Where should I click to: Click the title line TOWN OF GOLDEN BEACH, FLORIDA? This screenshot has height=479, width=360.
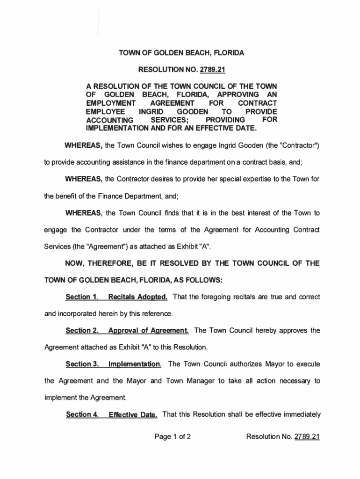pos(180,54)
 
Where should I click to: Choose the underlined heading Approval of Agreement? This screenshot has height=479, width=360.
pos(148,331)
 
